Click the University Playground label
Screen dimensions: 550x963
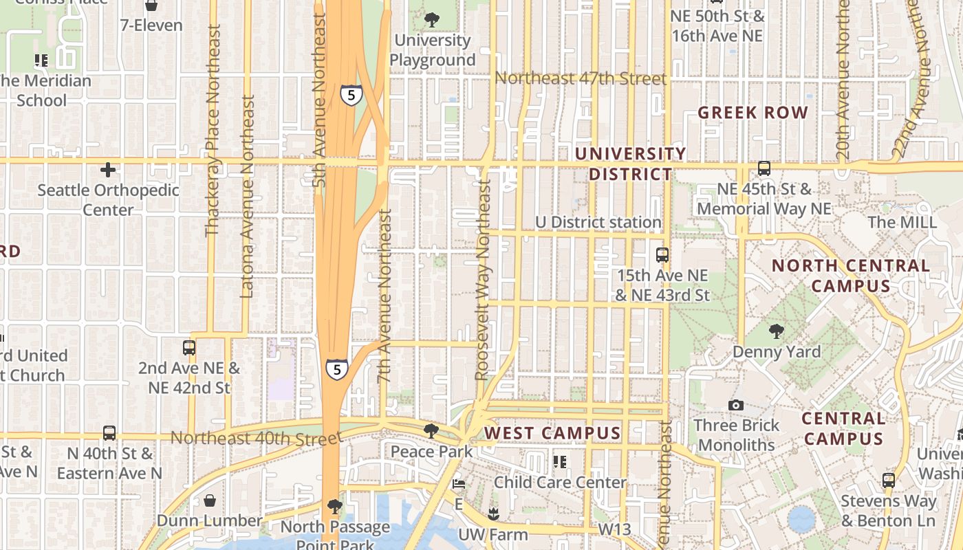click(x=432, y=50)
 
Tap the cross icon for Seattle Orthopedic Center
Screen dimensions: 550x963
click(x=108, y=170)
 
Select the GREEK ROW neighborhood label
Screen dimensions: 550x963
click(x=753, y=113)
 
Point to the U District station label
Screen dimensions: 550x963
click(x=598, y=222)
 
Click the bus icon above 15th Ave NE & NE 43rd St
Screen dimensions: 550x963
click(x=662, y=255)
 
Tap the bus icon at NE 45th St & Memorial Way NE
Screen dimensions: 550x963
click(x=764, y=168)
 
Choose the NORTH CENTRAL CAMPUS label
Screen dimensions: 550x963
click(x=850, y=276)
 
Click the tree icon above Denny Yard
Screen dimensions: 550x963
click(x=777, y=331)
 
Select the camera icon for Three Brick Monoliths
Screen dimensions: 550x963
click(x=736, y=405)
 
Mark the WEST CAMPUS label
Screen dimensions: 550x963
click(x=553, y=433)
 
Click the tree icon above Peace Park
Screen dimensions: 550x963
click(x=431, y=431)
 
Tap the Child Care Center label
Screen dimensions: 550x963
click(x=560, y=482)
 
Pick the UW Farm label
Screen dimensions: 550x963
click(x=493, y=534)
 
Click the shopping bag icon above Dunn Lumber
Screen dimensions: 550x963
click(x=209, y=500)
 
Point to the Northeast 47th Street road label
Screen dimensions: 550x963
click(x=581, y=78)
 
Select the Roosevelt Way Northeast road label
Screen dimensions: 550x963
click(x=483, y=280)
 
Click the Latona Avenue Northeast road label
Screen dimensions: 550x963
click(x=248, y=197)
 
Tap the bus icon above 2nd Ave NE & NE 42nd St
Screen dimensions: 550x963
click(x=189, y=348)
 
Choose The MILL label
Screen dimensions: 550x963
click(x=902, y=222)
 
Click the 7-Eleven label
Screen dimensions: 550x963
click(x=151, y=25)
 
